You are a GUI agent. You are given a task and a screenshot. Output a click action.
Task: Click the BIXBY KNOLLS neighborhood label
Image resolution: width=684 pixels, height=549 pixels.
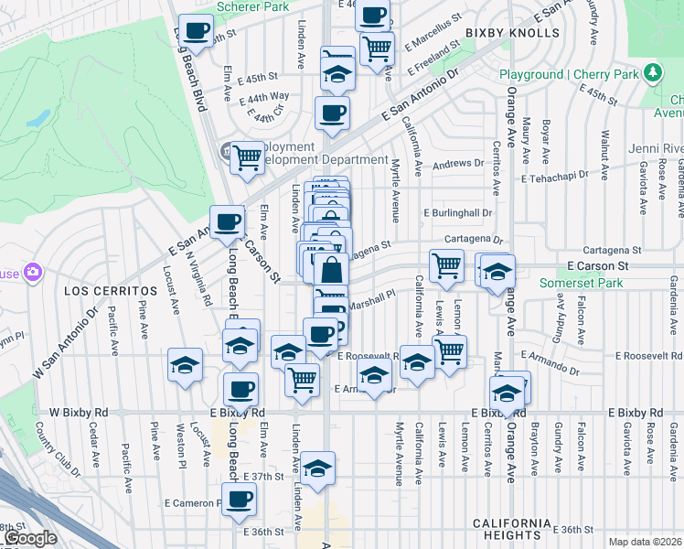pos(511,33)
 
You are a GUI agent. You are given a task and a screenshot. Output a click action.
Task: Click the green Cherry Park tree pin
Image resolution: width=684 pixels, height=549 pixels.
pos(652,72)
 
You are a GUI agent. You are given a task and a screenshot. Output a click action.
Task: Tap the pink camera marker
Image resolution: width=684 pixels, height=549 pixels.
pos(33,272)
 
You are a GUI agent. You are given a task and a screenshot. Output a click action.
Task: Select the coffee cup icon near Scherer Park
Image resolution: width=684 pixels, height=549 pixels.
pos(196,30)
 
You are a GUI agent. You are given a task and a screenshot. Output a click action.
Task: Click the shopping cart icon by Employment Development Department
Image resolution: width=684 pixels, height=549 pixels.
pos(247,157)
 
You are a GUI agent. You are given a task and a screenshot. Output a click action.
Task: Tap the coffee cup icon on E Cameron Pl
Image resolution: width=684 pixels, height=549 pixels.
pos(240,500)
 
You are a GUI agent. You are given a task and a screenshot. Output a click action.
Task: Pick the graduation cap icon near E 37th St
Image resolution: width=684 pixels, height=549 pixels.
pos(317,468)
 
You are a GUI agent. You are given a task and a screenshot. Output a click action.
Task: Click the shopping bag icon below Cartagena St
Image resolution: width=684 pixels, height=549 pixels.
pos(330,271)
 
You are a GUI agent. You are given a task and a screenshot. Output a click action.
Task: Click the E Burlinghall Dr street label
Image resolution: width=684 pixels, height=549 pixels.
pos(457,212)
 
